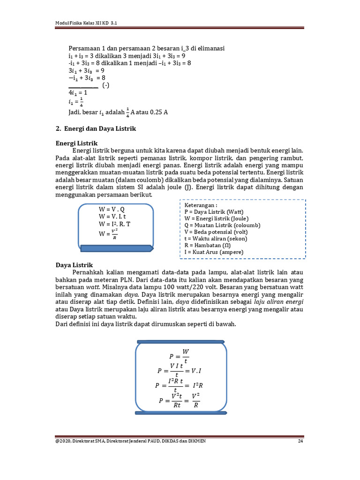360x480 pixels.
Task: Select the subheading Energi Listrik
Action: pos(76,142)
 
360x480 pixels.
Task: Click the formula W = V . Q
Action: pos(112,209)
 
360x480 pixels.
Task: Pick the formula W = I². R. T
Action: pos(114,224)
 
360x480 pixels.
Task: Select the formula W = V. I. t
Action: pos(112,217)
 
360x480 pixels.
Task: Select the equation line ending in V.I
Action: pos(180,371)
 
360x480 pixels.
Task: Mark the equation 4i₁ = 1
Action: pos(78,93)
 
